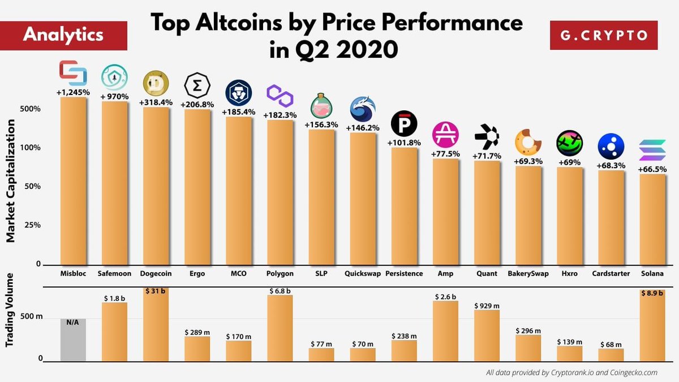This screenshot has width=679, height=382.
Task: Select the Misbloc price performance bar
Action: [x=73, y=181]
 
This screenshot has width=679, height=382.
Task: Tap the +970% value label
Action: [x=114, y=97]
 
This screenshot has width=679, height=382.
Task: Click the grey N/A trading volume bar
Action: [x=73, y=340]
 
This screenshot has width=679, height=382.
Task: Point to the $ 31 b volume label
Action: [x=156, y=291]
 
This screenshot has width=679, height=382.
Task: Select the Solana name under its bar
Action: [x=652, y=273]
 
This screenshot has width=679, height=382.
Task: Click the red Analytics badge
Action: [x=63, y=35]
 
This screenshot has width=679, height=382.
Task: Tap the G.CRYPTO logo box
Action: [x=604, y=35]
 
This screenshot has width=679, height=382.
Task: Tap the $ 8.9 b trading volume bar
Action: [x=652, y=325]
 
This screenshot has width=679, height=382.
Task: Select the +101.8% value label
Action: [x=404, y=143]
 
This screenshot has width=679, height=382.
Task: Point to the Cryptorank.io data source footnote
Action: [x=571, y=372]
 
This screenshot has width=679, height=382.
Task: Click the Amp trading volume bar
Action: [x=445, y=331]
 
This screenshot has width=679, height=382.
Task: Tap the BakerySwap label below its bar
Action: [x=528, y=273]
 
